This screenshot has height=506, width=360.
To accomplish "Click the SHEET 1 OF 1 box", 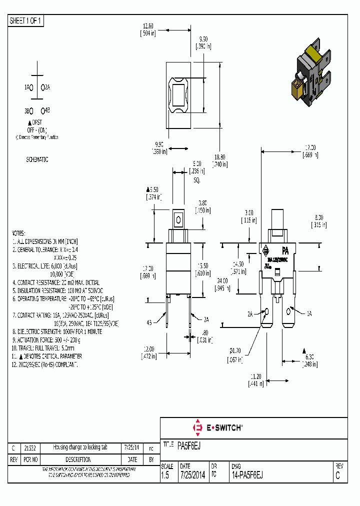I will [x=26, y=21].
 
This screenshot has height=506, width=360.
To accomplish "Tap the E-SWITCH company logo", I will [x=217, y=427].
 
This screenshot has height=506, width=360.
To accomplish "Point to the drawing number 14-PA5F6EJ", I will [x=247, y=475].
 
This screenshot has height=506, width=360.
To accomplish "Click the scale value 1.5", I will [x=165, y=475].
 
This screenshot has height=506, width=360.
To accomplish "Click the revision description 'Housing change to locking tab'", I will [x=80, y=447].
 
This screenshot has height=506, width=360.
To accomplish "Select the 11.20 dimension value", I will [x=255, y=376].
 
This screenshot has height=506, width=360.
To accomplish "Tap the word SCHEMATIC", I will [x=37, y=159].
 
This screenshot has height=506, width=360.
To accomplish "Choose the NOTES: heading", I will [x=18, y=233].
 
